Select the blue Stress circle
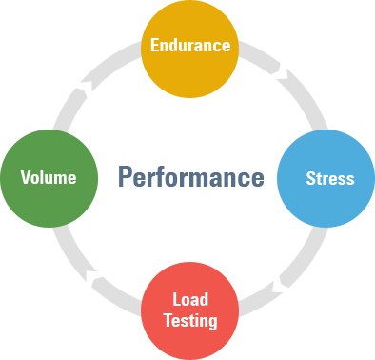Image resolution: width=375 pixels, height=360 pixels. click(x=326, y=178)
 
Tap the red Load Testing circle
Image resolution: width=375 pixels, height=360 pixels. click(x=189, y=310)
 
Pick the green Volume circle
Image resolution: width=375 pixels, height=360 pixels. click(x=48, y=177)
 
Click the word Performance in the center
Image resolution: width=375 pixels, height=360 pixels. click(x=190, y=177)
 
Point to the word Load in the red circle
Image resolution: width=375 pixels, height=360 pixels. click(x=190, y=300)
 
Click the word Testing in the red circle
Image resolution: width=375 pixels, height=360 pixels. click(x=190, y=320)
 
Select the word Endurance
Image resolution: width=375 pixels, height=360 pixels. click(x=190, y=45)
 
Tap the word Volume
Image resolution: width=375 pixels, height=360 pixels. click(x=48, y=177)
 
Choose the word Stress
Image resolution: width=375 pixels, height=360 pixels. click(x=329, y=178)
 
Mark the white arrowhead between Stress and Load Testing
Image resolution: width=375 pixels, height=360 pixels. click(x=283, y=279)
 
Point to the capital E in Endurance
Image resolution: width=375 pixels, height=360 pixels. click(x=154, y=45)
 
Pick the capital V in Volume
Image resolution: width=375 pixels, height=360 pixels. click(x=25, y=177)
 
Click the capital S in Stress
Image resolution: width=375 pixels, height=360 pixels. click(x=310, y=178)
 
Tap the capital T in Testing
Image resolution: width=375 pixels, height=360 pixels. click(x=168, y=320)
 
